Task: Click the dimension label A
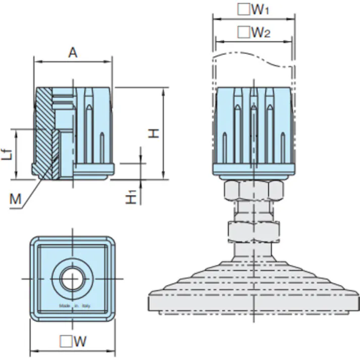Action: click(x=73, y=52)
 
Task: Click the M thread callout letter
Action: click(x=16, y=199)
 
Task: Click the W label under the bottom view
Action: click(x=80, y=342)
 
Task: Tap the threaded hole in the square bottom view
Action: click(x=72, y=278)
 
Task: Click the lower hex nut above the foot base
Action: click(x=252, y=232)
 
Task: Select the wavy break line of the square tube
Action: click(x=252, y=58)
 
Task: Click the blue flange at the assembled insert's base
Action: click(x=252, y=170)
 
